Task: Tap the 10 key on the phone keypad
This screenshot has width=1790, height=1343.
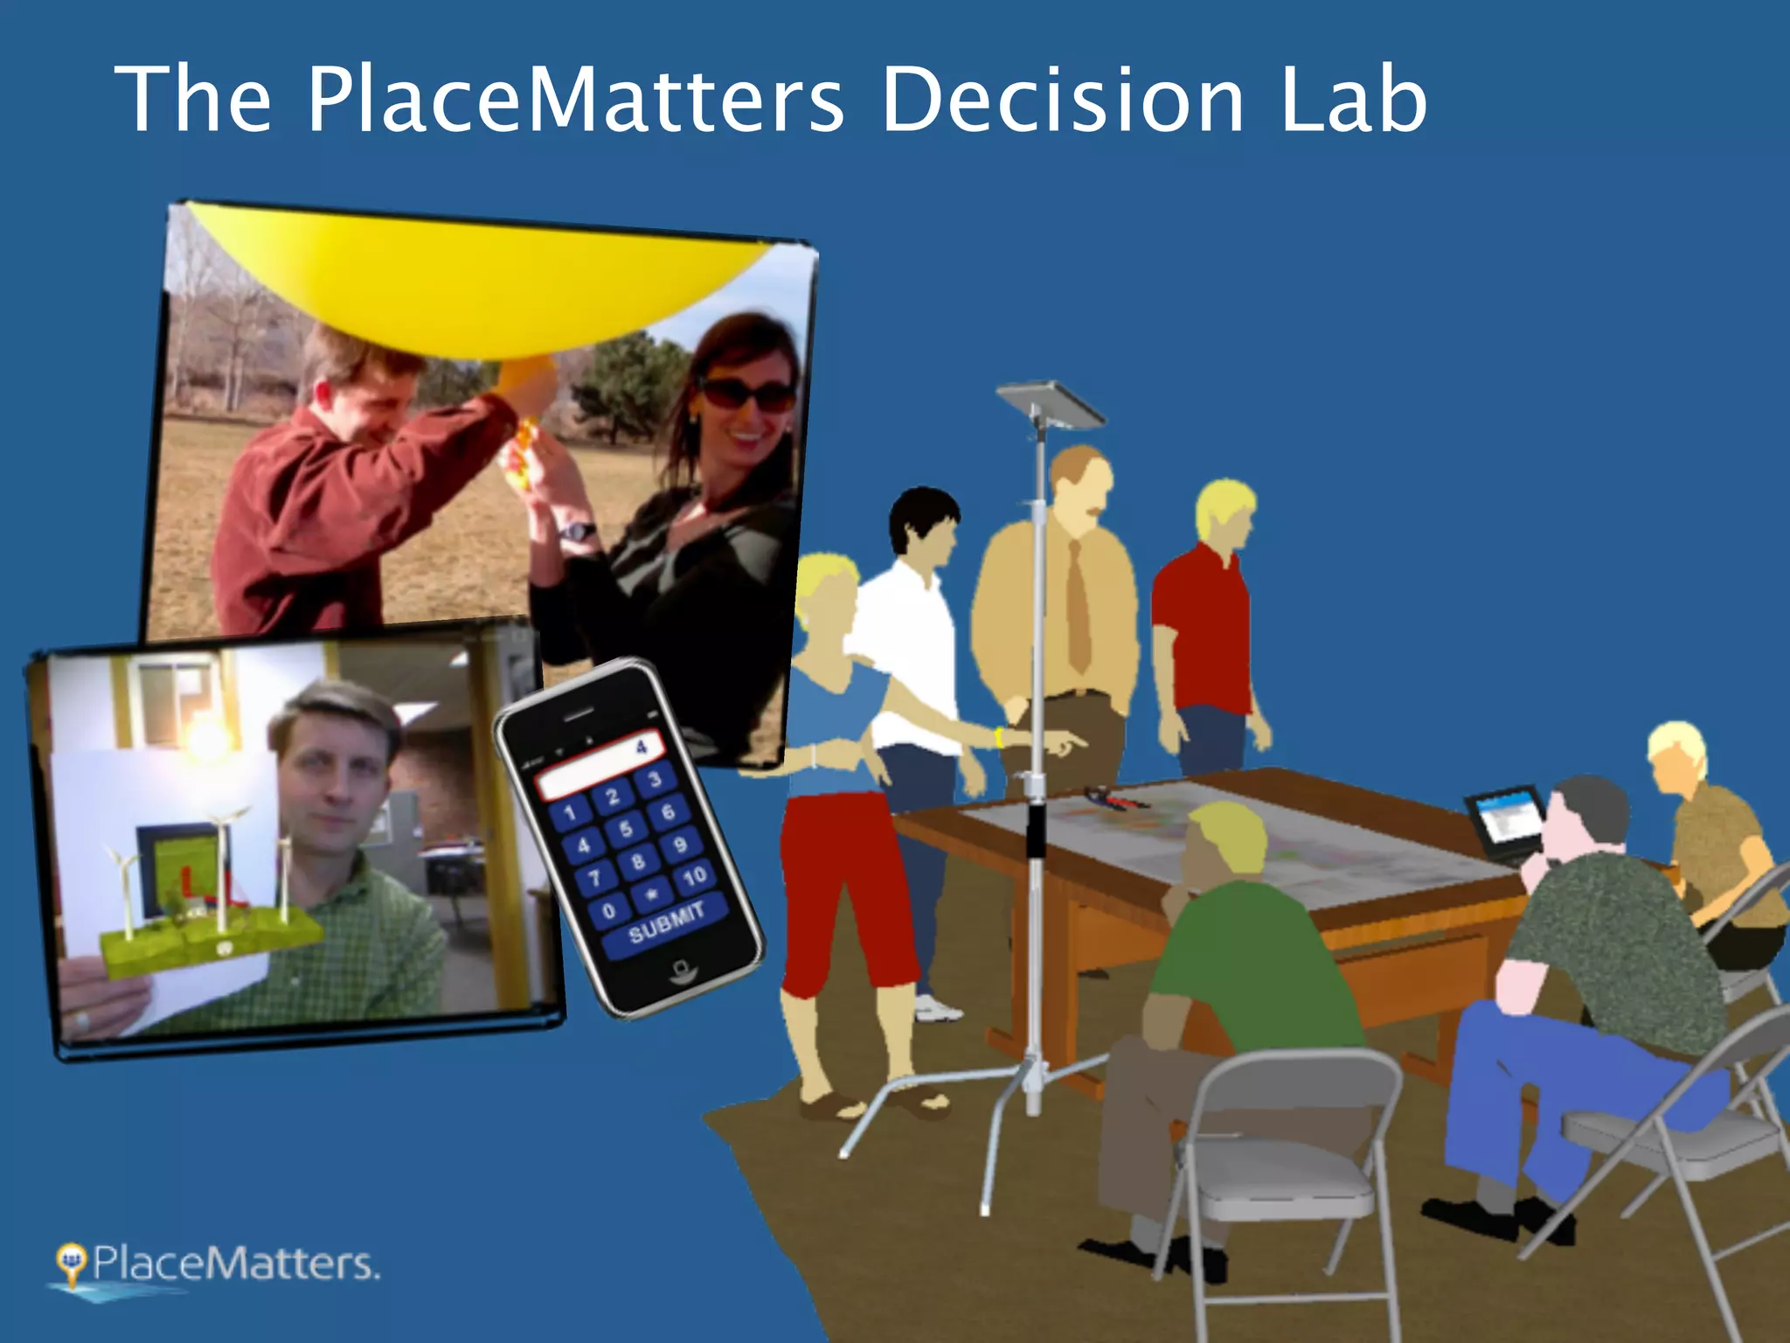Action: point(695,875)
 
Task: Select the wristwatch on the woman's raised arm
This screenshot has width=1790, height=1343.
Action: point(578,530)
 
